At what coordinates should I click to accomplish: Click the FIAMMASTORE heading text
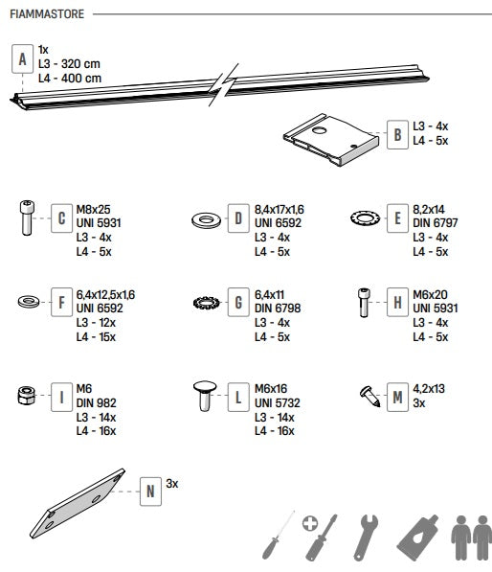point(47,14)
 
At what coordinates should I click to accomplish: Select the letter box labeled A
point(23,59)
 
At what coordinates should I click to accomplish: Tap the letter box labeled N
point(150,492)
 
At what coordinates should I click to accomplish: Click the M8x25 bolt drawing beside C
point(27,217)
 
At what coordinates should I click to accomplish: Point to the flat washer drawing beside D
point(206,220)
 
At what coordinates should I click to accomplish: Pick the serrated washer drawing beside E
point(366,218)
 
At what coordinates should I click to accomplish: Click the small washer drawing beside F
point(29,302)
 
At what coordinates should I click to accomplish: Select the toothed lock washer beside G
point(207,303)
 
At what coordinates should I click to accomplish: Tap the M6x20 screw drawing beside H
point(364,303)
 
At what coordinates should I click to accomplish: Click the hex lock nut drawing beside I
point(27,395)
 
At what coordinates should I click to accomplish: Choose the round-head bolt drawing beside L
point(205,396)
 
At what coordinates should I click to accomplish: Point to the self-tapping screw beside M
point(369,396)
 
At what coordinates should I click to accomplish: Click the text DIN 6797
point(436,223)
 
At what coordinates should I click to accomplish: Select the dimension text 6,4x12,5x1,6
point(105,295)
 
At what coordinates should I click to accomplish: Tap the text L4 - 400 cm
point(70,78)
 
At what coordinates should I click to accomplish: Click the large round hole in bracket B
point(320,130)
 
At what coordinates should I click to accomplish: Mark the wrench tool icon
point(366,538)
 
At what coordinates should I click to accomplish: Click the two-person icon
point(472,538)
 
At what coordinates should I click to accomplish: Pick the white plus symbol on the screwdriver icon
point(310,524)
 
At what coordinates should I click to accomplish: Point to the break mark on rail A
point(223,84)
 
